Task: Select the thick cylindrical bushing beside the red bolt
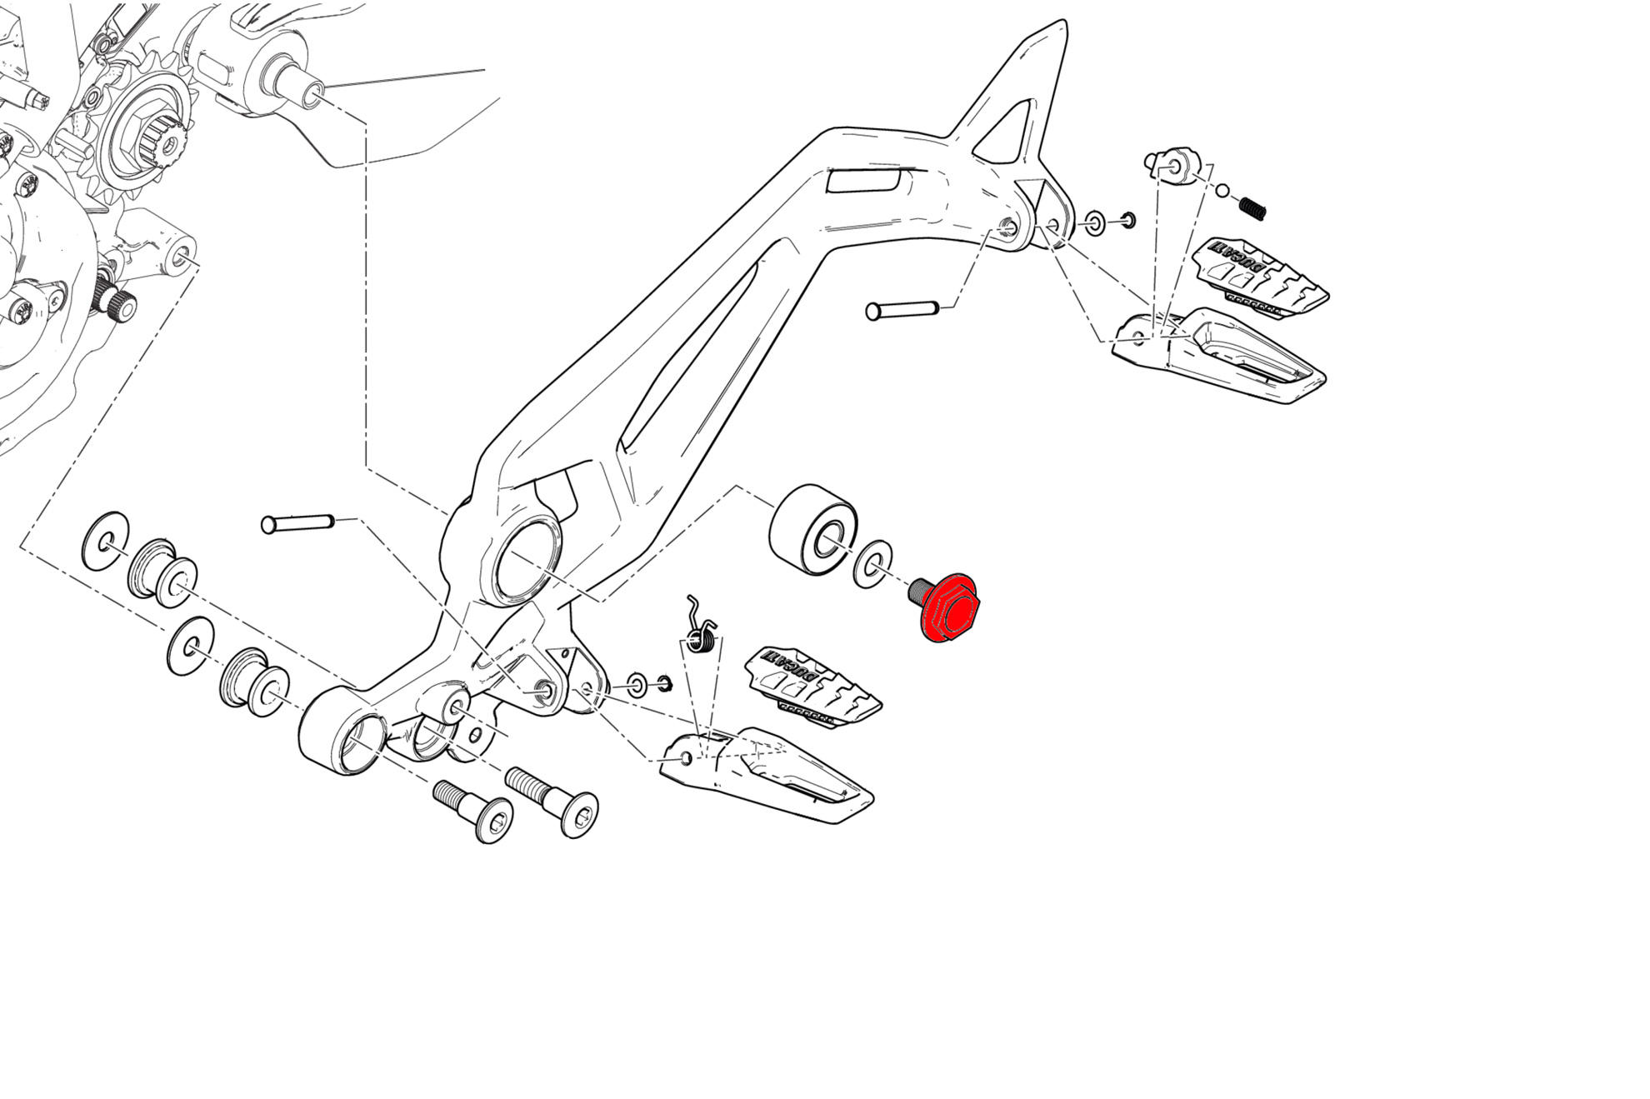pos(812,529)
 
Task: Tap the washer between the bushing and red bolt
pos(872,564)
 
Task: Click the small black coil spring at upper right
pos(1252,207)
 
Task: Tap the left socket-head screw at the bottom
pos(474,810)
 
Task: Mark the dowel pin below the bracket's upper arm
pos(902,310)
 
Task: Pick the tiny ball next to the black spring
pos(1222,191)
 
